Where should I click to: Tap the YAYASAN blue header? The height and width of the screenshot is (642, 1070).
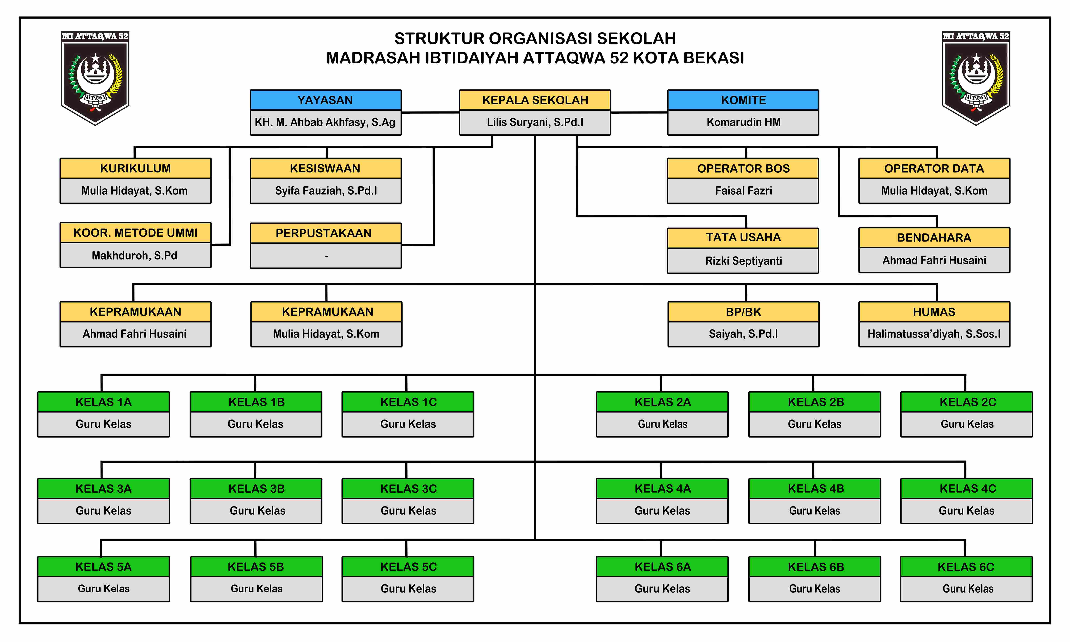click(x=325, y=100)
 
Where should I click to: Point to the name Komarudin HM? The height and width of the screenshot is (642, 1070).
click(x=743, y=122)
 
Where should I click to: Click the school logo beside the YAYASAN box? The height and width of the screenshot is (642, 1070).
click(x=95, y=78)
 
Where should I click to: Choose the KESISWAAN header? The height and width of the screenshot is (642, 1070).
click(x=325, y=168)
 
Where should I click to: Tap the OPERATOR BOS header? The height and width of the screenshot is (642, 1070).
click(x=743, y=168)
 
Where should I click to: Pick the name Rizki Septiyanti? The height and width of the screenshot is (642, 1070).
click(x=743, y=261)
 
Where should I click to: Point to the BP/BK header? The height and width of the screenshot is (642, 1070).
click(x=743, y=312)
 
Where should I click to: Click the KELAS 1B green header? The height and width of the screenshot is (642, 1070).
click(x=256, y=402)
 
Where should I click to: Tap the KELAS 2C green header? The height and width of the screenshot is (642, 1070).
click(x=967, y=402)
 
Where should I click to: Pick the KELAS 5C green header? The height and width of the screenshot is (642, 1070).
click(x=408, y=567)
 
